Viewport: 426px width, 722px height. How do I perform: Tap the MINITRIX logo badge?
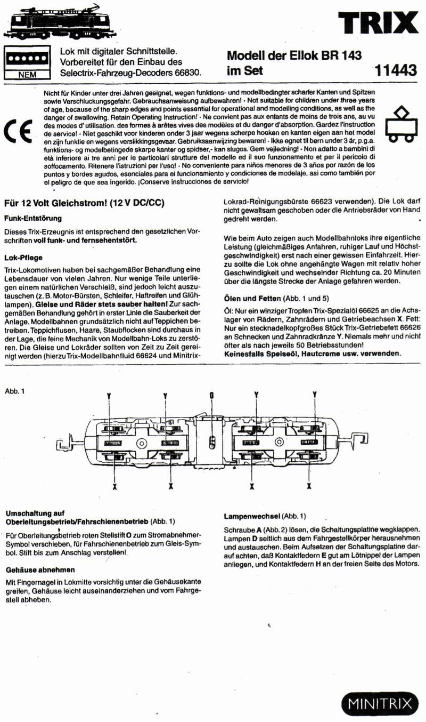[380, 703]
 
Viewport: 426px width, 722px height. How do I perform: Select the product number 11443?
[396, 70]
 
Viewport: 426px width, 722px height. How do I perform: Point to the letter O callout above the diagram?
[211, 395]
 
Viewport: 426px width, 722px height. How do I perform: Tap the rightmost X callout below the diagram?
[309, 486]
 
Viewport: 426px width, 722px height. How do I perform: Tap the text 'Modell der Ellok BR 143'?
[294, 55]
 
